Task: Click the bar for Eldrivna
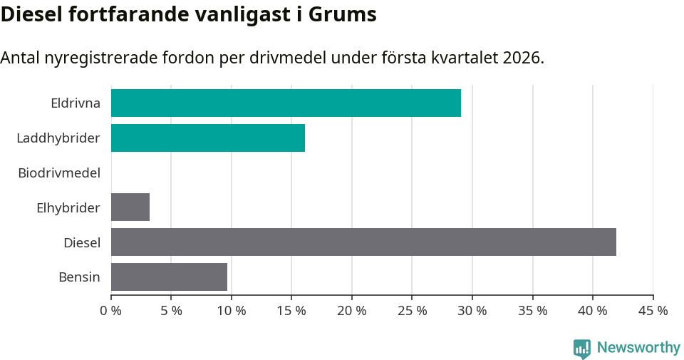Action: (286, 103)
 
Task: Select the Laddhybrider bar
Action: (208, 138)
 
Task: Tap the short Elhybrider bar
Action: (130, 207)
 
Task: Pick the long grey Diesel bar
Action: (363, 242)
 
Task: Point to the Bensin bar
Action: (169, 277)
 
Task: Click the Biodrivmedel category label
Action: (59, 173)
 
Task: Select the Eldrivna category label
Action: (76, 103)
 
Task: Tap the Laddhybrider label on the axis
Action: (58, 138)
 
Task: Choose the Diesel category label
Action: (82, 242)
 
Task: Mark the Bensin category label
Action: (79, 277)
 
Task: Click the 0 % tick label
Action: (111, 311)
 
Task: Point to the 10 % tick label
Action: (232, 311)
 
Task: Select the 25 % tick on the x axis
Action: (413, 311)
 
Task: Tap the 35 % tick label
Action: (533, 311)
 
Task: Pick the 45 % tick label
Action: (653, 311)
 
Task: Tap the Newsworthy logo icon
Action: (582, 348)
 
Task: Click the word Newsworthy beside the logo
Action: (638, 348)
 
